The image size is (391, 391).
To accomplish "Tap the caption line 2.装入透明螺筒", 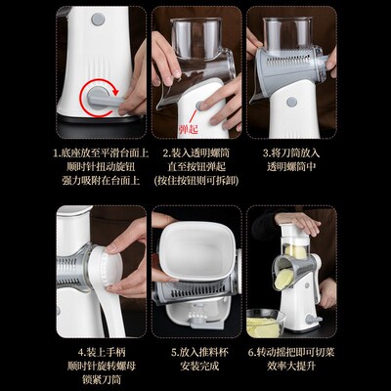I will click(x=195, y=153).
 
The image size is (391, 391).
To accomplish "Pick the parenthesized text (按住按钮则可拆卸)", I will click(x=195, y=183).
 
